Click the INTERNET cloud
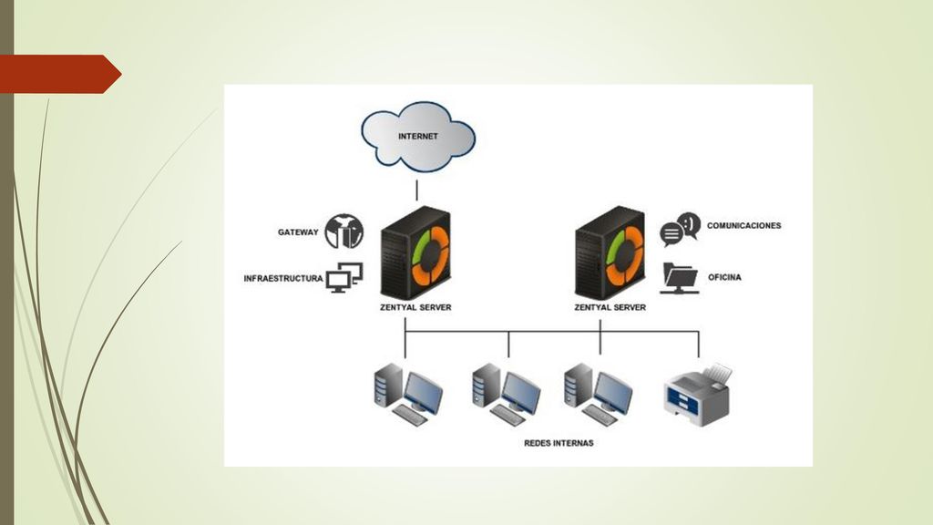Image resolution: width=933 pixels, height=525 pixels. pyautogui.click(x=418, y=137)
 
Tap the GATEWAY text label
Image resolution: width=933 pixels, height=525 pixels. pyautogui.click(x=298, y=232)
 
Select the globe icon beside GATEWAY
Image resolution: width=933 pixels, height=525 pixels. pyautogui.click(x=343, y=232)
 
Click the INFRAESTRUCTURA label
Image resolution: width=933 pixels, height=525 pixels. pyautogui.click(x=283, y=278)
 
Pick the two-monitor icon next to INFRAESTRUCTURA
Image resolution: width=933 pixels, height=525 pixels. pyautogui.click(x=344, y=277)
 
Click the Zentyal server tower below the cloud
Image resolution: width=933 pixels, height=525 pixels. pyautogui.click(x=415, y=253)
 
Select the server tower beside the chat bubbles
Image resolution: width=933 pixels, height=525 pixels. pyautogui.click(x=610, y=253)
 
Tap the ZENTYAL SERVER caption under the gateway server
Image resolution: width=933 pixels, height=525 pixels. pyautogui.click(x=415, y=307)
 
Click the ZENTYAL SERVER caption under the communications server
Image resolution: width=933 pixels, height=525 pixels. pyautogui.click(x=610, y=307)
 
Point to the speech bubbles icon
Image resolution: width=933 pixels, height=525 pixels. pyautogui.click(x=680, y=229)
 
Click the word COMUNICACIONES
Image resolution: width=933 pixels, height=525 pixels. pyautogui.click(x=743, y=226)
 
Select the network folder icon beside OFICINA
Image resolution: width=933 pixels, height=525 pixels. pyautogui.click(x=680, y=278)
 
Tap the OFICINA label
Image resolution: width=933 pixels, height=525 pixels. pyautogui.click(x=724, y=277)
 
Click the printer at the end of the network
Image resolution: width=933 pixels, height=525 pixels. pyautogui.click(x=698, y=395)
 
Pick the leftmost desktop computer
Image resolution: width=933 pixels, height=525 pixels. pyautogui.click(x=408, y=394)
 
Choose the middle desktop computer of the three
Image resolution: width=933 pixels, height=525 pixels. pyautogui.click(x=507, y=394)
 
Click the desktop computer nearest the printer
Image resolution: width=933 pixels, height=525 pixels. pyautogui.click(x=598, y=394)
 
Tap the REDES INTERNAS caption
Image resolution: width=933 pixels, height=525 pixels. pyautogui.click(x=559, y=443)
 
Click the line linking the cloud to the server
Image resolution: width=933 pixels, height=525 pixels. pyautogui.click(x=416, y=190)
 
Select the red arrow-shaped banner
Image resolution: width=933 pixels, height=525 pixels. pyautogui.click(x=61, y=74)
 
